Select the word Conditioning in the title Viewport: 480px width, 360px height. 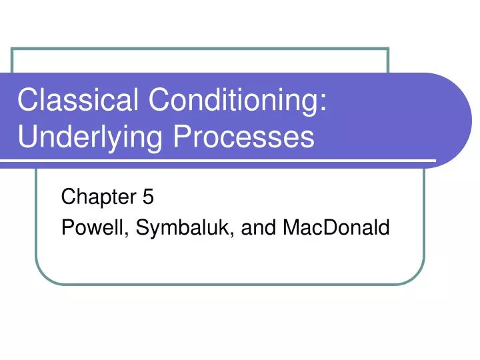tap(237, 101)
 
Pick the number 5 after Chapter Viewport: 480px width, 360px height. tap(148, 197)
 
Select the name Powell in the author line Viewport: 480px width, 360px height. tap(94, 229)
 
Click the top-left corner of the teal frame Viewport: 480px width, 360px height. tap(13, 49)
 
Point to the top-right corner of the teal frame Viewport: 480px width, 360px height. tap(388, 49)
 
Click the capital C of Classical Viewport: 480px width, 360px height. tap(27, 101)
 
